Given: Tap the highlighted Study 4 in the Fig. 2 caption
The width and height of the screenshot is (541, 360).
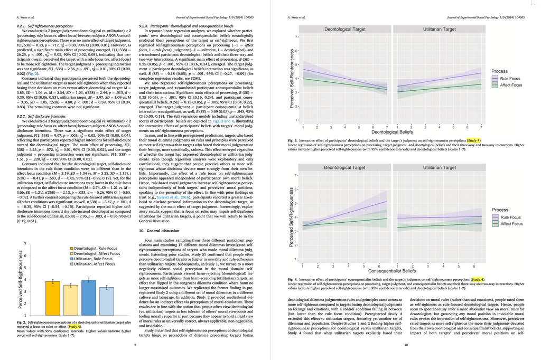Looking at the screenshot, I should [74, 327].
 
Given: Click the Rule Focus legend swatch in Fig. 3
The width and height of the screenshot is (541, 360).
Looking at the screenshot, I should [497, 79].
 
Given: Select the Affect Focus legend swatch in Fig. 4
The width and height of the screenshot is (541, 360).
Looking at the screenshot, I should [497, 224].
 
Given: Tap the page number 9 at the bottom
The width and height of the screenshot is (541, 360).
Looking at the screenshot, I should [135, 345].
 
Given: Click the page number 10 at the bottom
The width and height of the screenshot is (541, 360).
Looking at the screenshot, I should [406, 345].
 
